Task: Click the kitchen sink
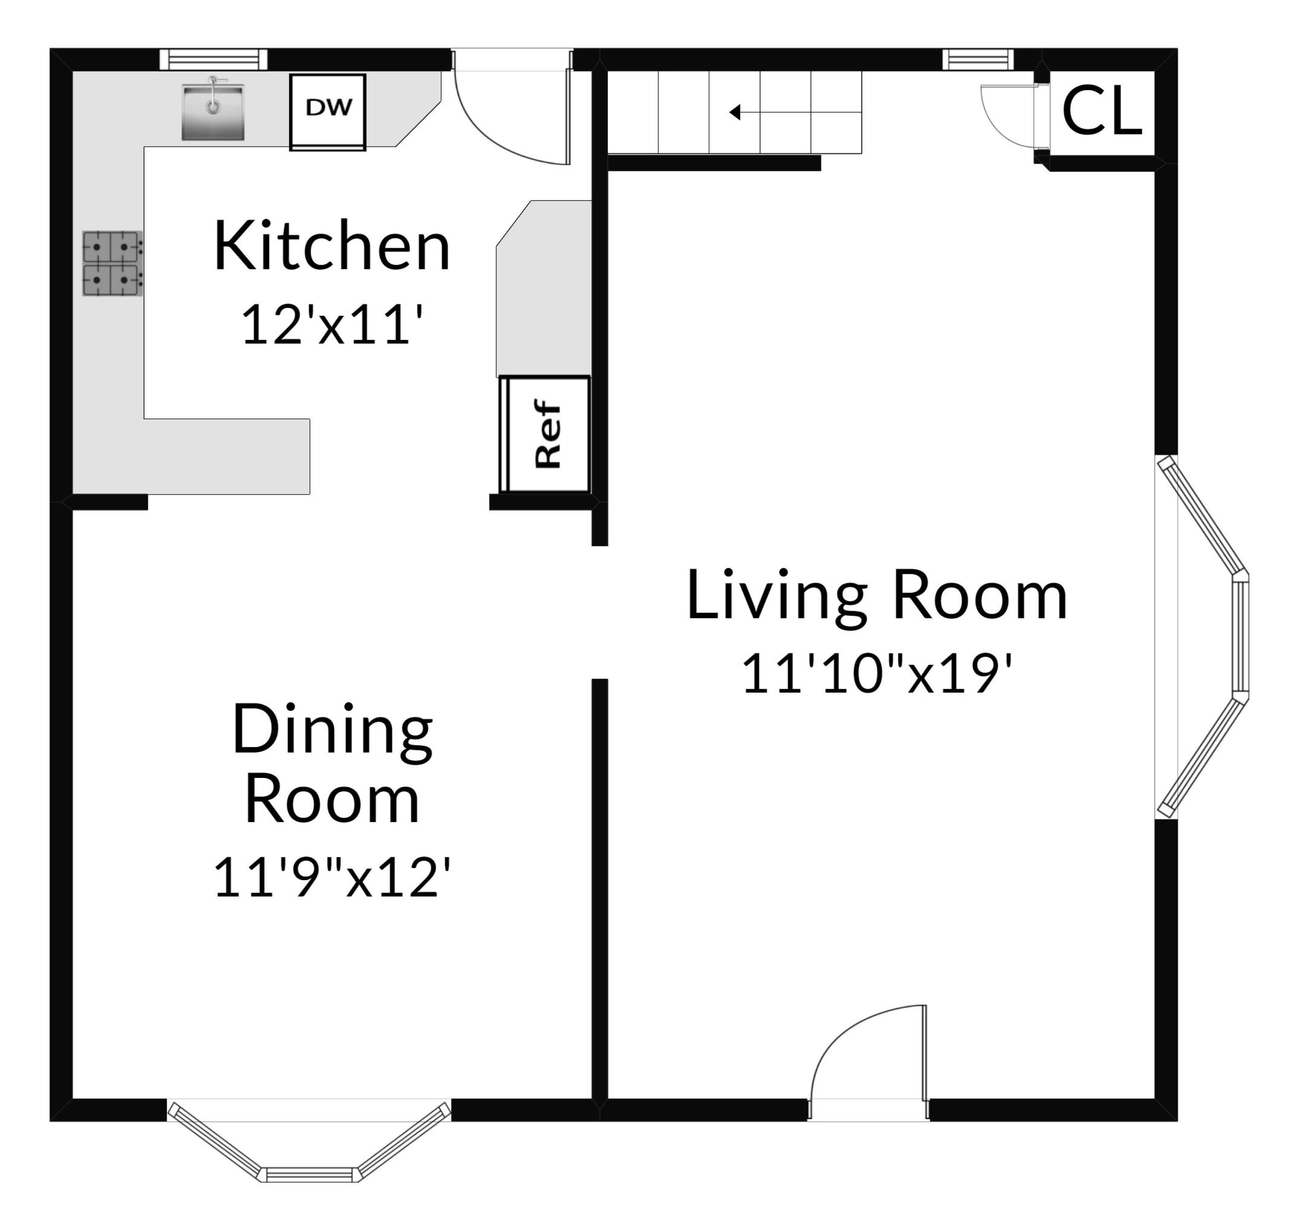pyautogui.click(x=213, y=108)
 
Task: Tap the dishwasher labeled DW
pyautogui.click(x=327, y=112)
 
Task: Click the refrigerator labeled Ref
pyautogui.click(x=545, y=434)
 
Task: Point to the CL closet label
pyautogui.click(x=1102, y=112)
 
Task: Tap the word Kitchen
pyautogui.click(x=332, y=247)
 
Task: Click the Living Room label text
pyautogui.click(x=876, y=596)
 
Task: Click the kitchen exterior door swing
pyautogui.click(x=512, y=117)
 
